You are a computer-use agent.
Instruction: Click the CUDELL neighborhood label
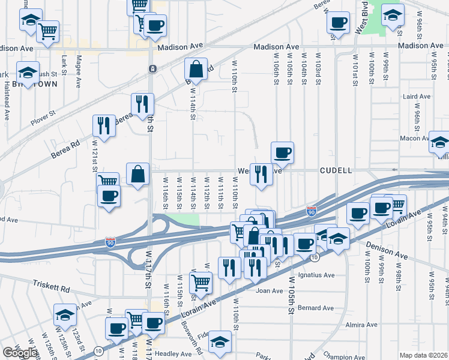[336, 170]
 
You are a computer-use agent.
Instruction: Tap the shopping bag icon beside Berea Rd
[196, 70]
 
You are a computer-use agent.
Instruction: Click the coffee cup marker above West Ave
[282, 153]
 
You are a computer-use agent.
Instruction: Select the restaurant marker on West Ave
[261, 175]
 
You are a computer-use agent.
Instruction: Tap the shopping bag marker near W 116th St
[138, 174]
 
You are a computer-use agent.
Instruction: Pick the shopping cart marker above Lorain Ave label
[200, 282]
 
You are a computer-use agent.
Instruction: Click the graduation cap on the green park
[393, 15]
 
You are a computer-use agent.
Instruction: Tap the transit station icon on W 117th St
[153, 69]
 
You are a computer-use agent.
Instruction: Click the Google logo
[20, 352]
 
